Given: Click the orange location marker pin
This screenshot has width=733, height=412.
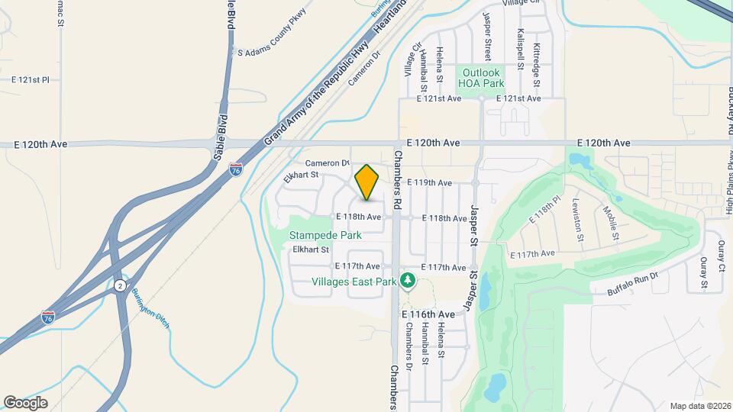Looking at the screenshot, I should pos(367,182).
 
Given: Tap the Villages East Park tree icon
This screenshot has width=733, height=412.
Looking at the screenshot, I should pos(408,282).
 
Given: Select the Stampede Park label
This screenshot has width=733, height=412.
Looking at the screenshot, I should pos(325,236).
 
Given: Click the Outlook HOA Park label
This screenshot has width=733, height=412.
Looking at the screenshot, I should pos(482,78).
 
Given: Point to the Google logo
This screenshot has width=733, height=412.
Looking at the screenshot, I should pos(25,403).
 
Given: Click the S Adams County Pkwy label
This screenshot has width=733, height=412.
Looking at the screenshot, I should pos(271,53).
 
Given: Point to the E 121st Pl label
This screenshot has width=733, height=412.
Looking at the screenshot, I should pos(30,79).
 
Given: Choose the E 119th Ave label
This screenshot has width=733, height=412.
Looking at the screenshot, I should pos(430,183).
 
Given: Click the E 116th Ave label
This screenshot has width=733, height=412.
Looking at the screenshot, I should pos(428,314).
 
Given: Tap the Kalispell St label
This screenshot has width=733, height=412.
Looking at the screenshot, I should pos(520,50).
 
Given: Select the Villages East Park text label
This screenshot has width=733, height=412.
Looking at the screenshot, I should pos(354,282).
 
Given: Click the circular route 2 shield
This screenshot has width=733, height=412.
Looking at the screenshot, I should pos(120,285).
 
